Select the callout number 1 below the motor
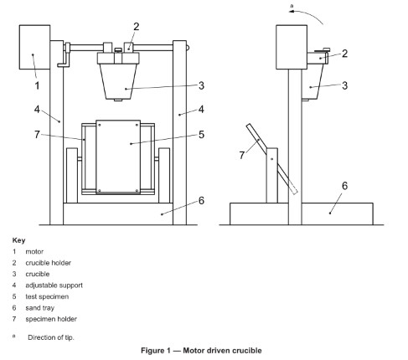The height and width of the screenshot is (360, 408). (36, 85)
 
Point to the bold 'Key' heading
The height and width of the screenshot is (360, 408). (18, 239)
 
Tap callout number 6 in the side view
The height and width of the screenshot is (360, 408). (344, 185)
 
